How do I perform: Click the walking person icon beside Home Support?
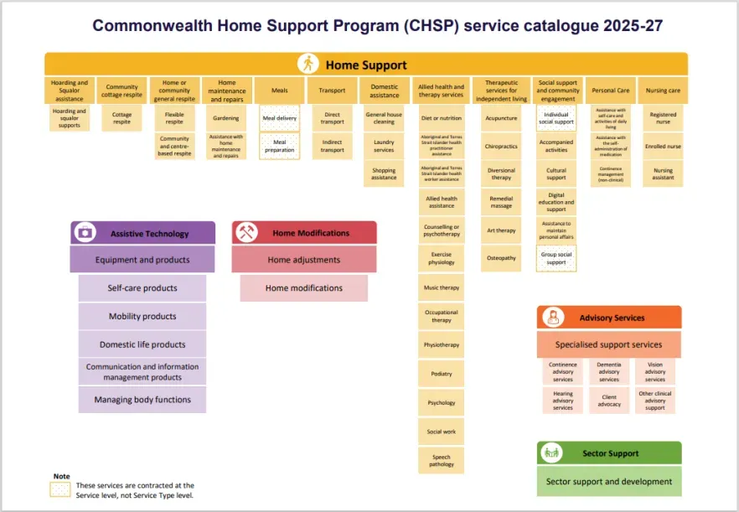pyautogui.click(x=308, y=64)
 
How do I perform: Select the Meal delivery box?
pyautogui.click(x=280, y=118)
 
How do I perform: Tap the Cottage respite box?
pyautogui.click(x=122, y=118)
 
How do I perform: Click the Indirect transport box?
pyautogui.click(x=332, y=146)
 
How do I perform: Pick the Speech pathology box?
pyautogui.click(x=442, y=460)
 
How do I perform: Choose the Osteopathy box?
pyautogui.click(x=501, y=258)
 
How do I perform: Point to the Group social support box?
pyautogui.click(x=556, y=258)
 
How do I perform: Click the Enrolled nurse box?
pyautogui.click(x=663, y=147)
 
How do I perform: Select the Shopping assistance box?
pyautogui.click(x=384, y=173)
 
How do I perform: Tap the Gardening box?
pyautogui.click(x=226, y=118)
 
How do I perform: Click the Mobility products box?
pyautogui.click(x=142, y=317)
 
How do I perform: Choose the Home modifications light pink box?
pyautogui.click(x=304, y=288)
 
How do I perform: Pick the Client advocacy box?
pyautogui.click(x=609, y=401)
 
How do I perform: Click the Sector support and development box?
pyautogui.click(x=609, y=482)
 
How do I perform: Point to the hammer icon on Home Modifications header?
pyautogui.click(x=247, y=232)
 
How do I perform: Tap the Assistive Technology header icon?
pyautogui.click(x=85, y=233)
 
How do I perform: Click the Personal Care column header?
pyautogui.click(x=610, y=91)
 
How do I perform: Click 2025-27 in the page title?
pyautogui.click(x=633, y=25)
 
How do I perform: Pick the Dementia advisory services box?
pyautogui.click(x=609, y=372)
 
